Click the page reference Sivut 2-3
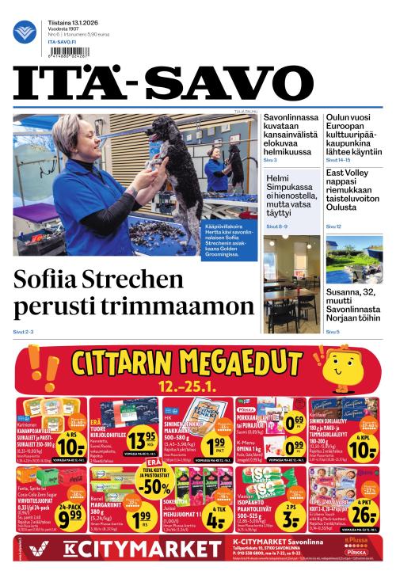click(23, 332)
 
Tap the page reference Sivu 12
click(333, 226)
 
